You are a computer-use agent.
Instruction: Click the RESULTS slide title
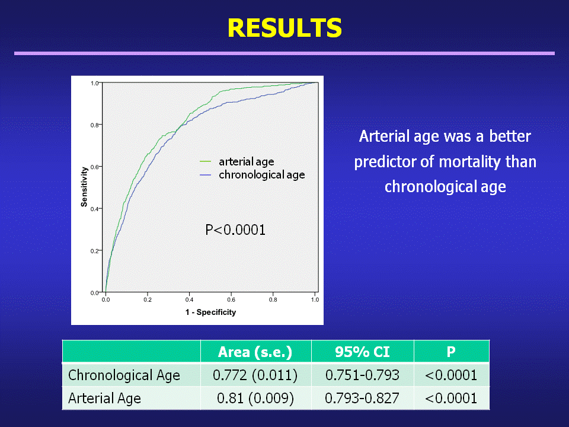pyautogui.click(x=285, y=28)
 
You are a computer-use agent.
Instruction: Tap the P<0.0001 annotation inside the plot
pyautogui.click(x=235, y=230)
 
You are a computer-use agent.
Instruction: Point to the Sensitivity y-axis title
pyautogui.click(x=84, y=187)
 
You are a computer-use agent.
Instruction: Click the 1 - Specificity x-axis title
pyautogui.click(x=210, y=313)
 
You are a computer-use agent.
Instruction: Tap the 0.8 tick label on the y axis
pyautogui.click(x=94, y=125)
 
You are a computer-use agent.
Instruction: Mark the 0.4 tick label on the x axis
pyautogui.click(x=189, y=300)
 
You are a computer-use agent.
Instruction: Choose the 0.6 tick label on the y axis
pyautogui.click(x=94, y=167)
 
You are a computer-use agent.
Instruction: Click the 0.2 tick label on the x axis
pyautogui.click(x=148, y=300)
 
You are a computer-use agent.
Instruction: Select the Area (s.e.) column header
pyautogui.click(x=255, y=352)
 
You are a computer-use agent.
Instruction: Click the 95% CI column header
pyautogui.click(x=362, y=352)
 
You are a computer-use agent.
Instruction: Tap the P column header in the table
pyautogui.click(x=451, y=352)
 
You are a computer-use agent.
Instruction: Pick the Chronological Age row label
pyautogui.click(x=124, y=375)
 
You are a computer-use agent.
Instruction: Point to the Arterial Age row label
pyautogui.click(x=104, y=399)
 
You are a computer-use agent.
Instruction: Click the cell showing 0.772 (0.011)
pyautogui.click(x=255, y=375)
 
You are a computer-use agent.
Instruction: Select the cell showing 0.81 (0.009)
pyautogui.click(x=255, y=399)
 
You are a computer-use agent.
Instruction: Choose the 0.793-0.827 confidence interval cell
pyautogui.click(x=362, y=399)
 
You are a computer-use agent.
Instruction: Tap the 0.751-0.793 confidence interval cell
pyautogui.click(x=362, y=375)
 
